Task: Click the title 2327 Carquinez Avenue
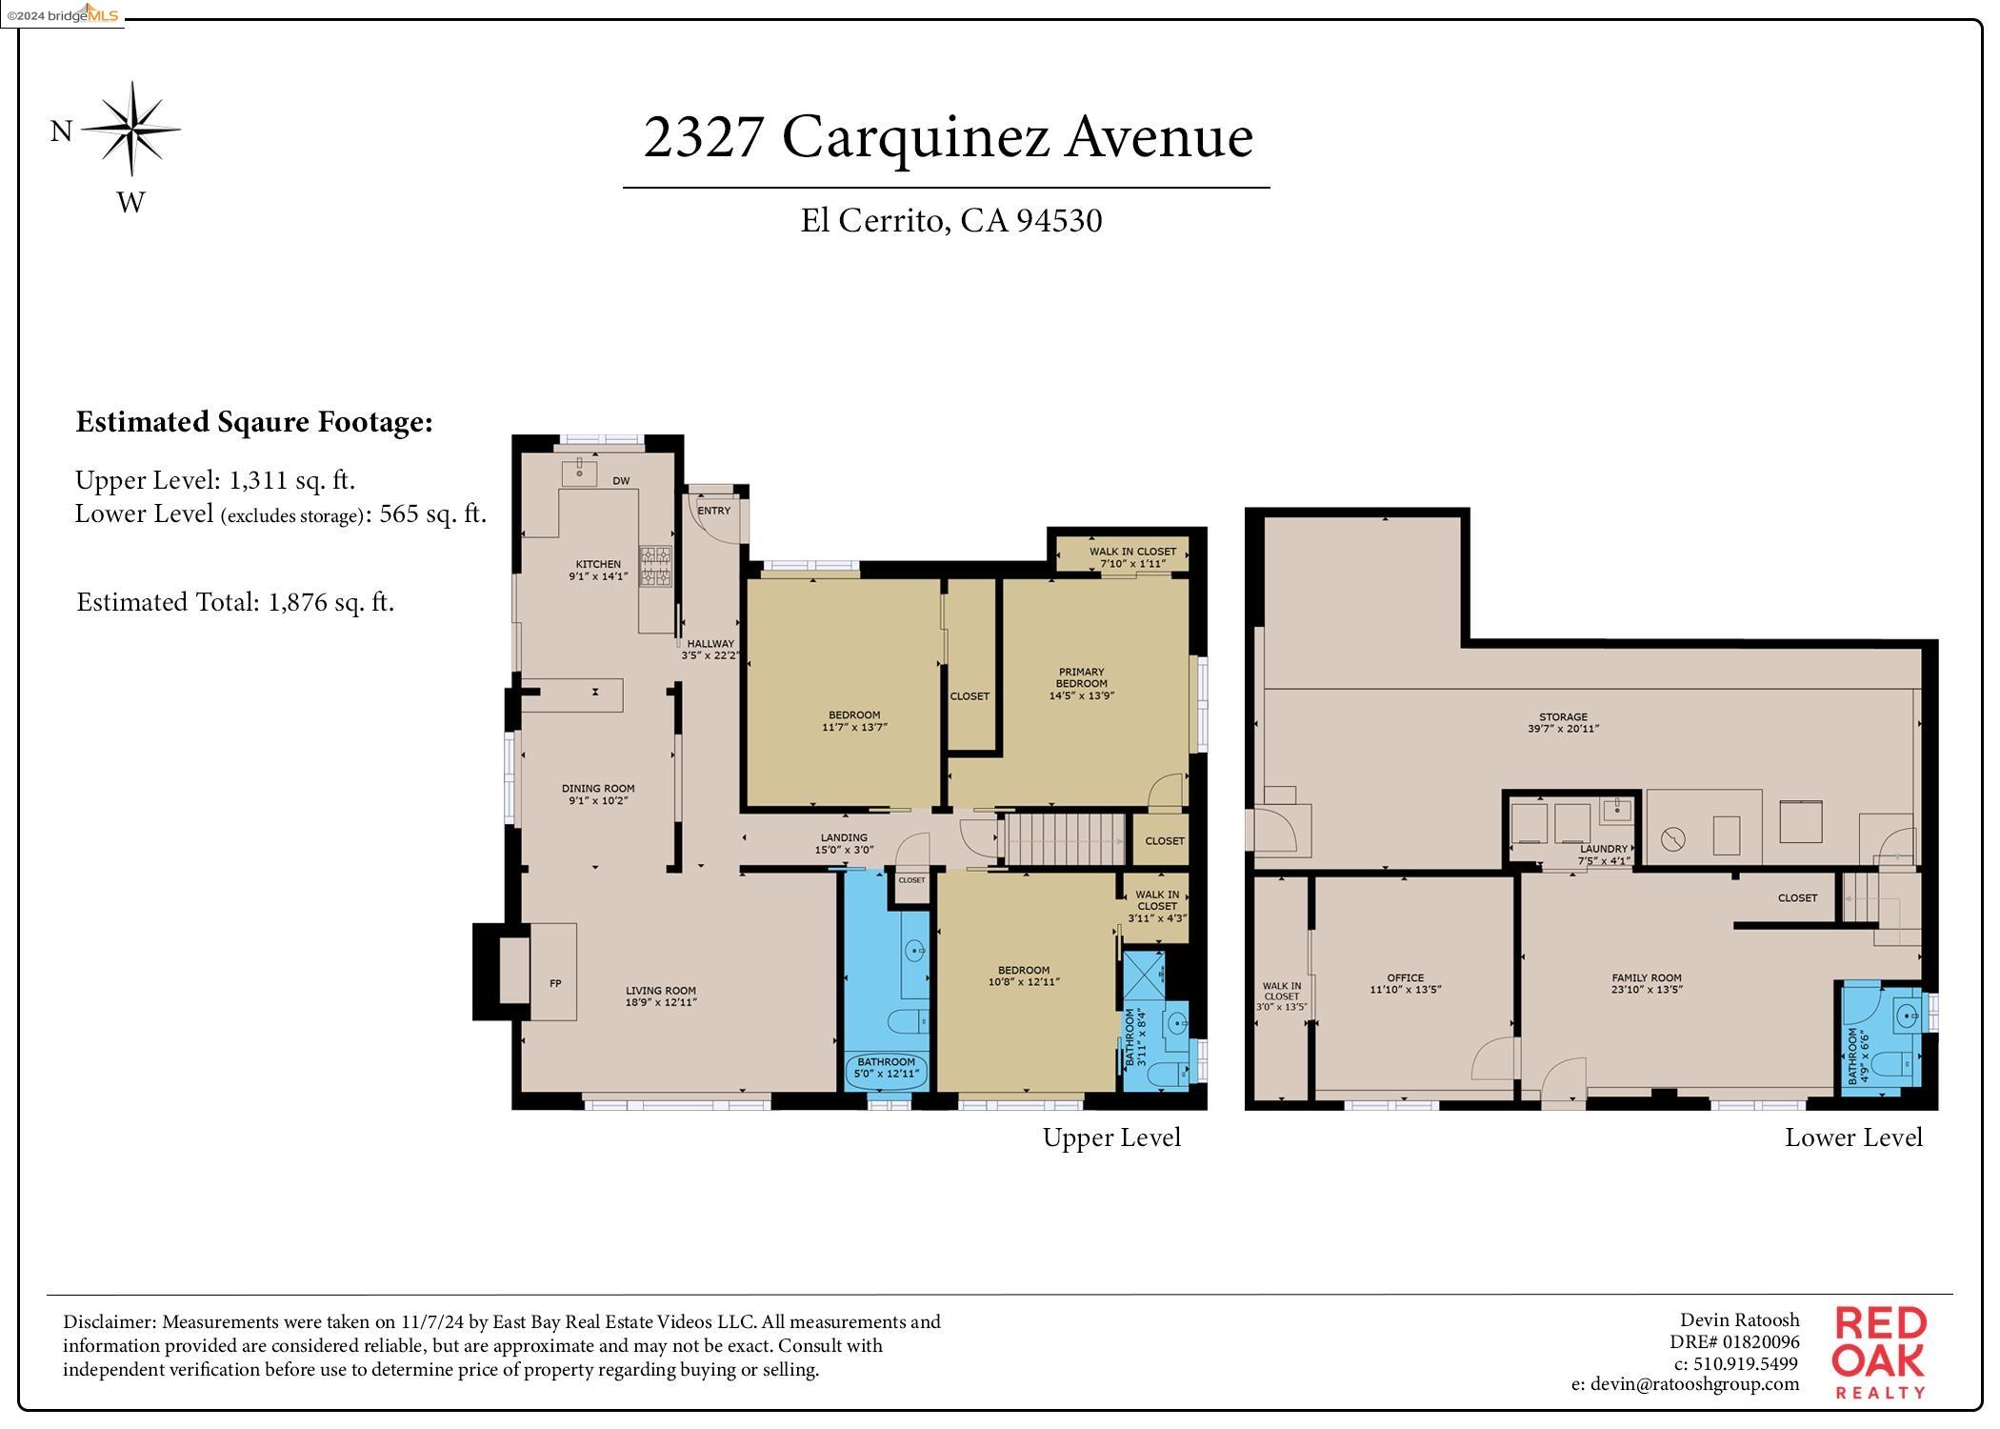[947, 136]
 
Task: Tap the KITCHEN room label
[598, 570]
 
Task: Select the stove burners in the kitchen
[654, 565]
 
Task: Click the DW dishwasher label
[621, 481]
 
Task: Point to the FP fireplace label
[555, 983]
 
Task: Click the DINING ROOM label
[598, 794]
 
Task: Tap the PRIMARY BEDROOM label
[1081, 683]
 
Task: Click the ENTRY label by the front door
[713, 511]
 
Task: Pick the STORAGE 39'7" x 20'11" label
[1563, 722]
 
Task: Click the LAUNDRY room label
[1604, 854]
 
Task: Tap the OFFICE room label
[1405, 983]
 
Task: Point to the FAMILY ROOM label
[1646, 983]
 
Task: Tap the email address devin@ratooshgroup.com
[1685, 1384]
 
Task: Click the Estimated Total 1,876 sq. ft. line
[235, 602]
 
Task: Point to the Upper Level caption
[1110, 1137]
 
